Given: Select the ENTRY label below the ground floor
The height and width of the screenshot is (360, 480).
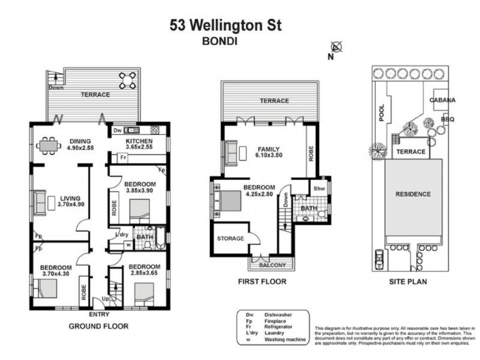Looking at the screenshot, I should pyautogui.click(x=99, y=314).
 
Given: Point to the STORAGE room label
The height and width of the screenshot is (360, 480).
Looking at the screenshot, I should pyautogui.click(x=230, y=238).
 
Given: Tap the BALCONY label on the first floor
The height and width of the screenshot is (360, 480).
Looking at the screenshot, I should pyautogui.click(x=272, y=265).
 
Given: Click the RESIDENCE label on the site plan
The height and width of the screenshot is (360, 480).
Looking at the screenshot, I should pyautogui.click(x=413, y=194).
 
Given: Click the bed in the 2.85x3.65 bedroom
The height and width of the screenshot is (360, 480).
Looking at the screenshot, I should pyautogui.click(x=143, y=293).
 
